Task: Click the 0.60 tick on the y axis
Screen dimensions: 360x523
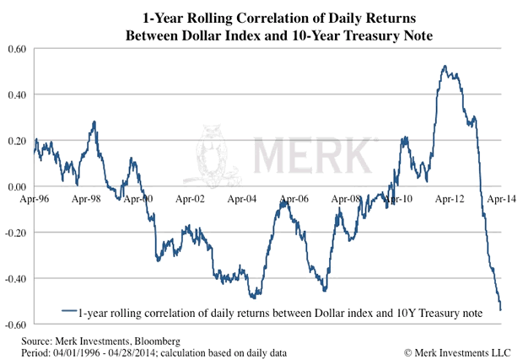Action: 17,49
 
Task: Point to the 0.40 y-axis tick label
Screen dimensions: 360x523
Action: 17,94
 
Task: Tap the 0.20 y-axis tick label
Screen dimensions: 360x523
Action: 17,141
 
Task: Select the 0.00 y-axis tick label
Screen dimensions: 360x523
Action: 17,186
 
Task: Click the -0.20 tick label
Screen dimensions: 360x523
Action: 16,232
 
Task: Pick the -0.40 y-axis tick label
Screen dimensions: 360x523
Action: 16,278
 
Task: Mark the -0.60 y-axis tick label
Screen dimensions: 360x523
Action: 16,324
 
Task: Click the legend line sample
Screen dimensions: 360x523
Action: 68,312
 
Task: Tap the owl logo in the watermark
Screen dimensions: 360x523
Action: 211,157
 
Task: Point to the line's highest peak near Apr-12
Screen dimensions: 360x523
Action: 444,66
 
